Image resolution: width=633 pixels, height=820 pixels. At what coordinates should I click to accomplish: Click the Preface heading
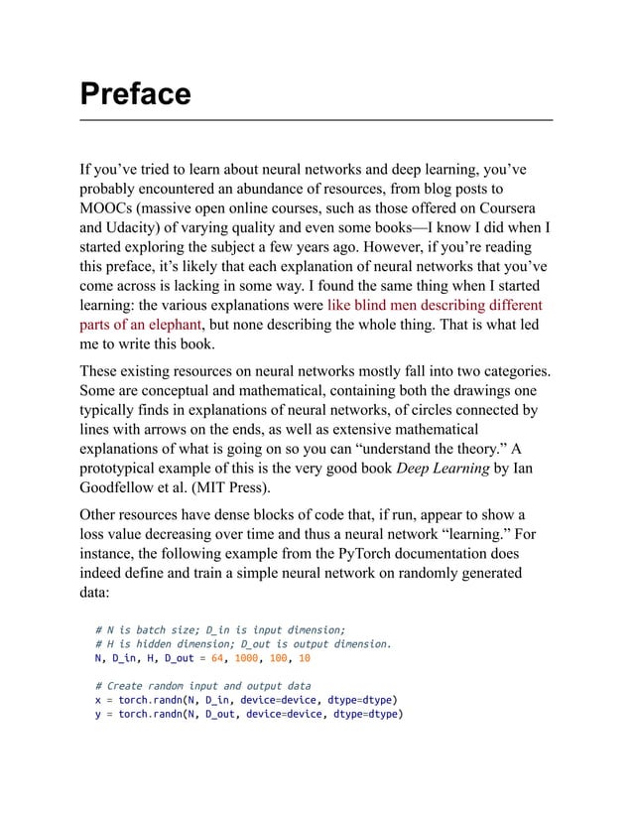[x=135, y=94]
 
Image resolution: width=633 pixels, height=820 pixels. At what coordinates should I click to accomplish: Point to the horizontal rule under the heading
[x=316, y=120]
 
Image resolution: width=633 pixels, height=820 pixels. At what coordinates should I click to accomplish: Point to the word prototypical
[x=126, y=468]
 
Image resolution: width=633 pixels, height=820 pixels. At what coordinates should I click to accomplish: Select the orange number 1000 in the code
[x=247, y=658]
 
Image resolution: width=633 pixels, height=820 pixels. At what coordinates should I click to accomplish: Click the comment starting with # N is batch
[x=219, y=629]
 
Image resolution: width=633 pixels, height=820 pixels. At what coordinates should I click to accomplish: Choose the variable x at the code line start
[x=98, y=700]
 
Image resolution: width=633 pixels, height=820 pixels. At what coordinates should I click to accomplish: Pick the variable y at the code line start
[x=98, y=714]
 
